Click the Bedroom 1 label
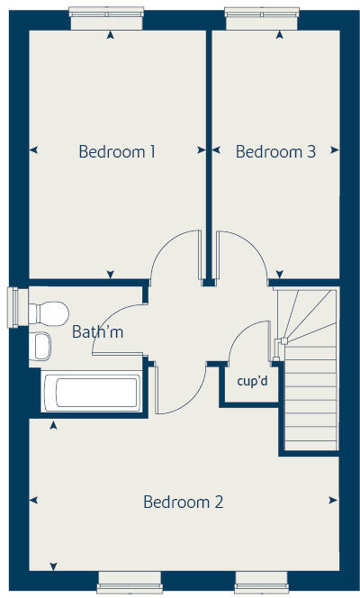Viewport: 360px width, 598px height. [117, 152]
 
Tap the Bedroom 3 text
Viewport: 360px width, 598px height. [275, 152]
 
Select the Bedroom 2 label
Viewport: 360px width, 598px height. [183, 502]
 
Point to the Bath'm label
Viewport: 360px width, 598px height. [97, 332]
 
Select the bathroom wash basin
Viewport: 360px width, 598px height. [40, 347]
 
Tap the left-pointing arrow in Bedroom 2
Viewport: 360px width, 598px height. [35, 500]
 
